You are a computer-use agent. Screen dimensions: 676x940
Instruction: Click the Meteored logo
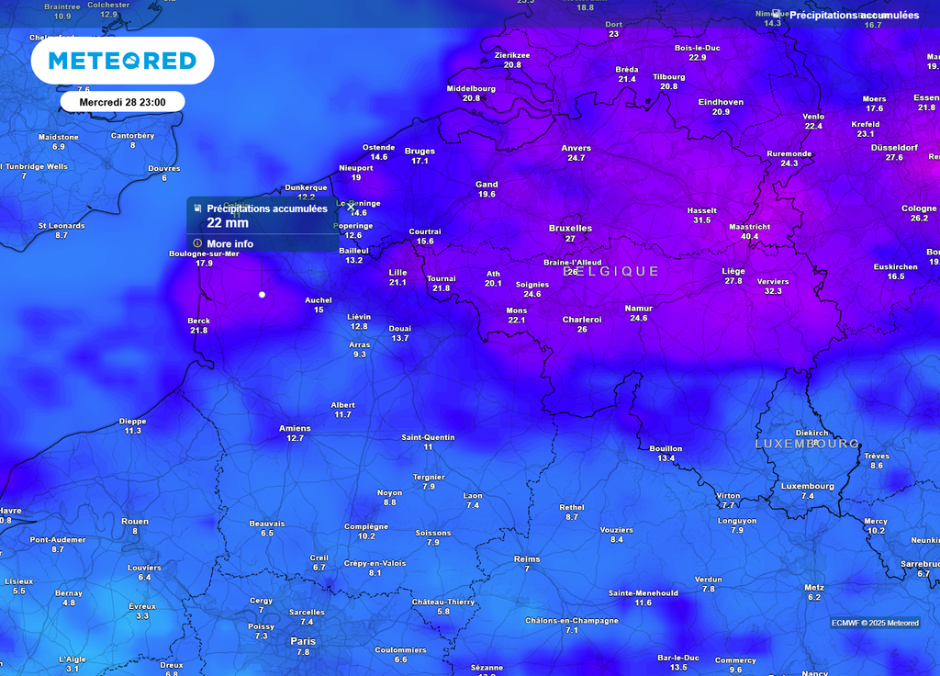pos(122,61)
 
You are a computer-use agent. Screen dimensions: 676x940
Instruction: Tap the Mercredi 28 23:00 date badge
pos(122,102)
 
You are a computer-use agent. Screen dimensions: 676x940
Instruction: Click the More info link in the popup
pos(229,244)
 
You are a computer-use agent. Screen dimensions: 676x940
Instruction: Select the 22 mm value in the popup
pos(228,223)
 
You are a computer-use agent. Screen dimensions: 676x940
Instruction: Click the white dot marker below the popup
pos(263,295)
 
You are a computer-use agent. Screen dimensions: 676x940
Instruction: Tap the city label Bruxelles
pos(570,228)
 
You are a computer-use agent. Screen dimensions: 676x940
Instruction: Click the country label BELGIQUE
pos(611,272)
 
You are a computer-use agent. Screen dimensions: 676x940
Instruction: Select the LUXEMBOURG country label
pos(807,444)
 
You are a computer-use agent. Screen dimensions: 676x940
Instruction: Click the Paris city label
pos(303,641)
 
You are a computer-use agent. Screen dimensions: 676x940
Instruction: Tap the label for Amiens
pos(295,428)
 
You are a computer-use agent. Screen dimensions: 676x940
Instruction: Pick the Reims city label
pos(527,558)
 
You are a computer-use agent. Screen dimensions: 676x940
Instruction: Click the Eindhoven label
pos(721,102)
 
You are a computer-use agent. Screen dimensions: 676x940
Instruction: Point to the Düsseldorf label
pos(894,147)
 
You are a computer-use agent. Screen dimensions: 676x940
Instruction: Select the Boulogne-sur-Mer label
pos(204,253)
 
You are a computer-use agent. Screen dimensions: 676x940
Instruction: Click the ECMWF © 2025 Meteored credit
pos(875,623)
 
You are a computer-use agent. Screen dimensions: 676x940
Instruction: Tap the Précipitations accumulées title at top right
pos(854,16)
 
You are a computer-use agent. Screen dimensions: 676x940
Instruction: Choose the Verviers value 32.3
pos(773,291)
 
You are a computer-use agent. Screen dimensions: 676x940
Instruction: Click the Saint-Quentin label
pos(428,437)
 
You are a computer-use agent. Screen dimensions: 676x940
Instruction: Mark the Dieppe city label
pos(132,422)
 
